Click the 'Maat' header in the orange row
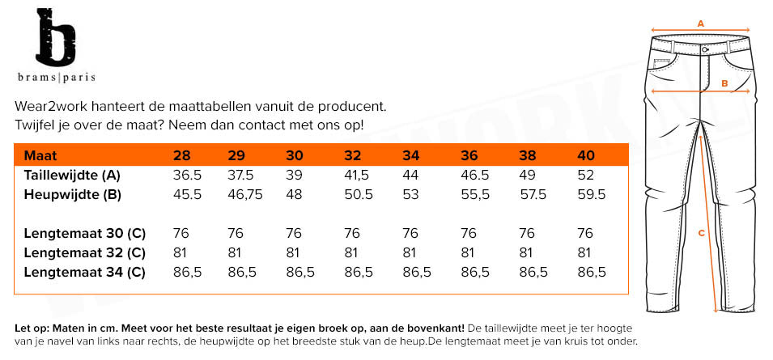pyautogui.click(x=40, y=155)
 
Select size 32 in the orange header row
pyautogui.click(x=352, y=155)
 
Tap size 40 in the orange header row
pyautogui.click(x=585, y=155)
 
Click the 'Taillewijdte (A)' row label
pyautogui.click(x=72, y=175)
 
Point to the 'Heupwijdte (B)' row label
pyautogui.click(x=73, y=194)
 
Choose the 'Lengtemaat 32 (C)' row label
pyautogui.click(x=84, y=252)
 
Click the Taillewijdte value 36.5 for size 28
pyautogui.click(x=187, y=175)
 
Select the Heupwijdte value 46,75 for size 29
pyautogui.click(x=246, y=194)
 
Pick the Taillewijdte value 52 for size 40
pyautogui.click(x=585, y=175)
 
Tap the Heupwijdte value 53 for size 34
pyautogui.click(x=411, y=194)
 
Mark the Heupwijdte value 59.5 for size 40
pyautogui.click(x=592, y=194)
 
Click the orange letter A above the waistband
pyautogui.click(x=701, y=23)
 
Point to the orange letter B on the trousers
pyautogui.click(x=725, y=83)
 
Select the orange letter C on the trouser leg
pyautogui.click(x=701, y=233)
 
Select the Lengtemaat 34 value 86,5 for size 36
pyautogui.click(x=475, y=272)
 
